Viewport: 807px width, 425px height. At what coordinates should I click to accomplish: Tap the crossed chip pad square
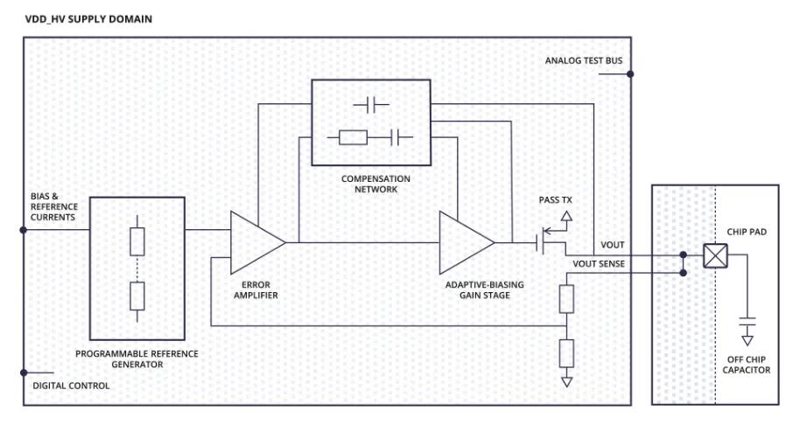click(715, 256)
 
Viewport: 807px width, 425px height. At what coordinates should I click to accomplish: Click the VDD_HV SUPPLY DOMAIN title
click(78, 18)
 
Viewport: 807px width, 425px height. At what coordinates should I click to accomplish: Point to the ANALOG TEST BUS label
click(584, 61)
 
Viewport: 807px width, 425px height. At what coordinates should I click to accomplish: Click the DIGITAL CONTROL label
click(71, 386)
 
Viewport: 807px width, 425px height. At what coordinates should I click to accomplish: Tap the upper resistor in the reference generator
click(137, 241)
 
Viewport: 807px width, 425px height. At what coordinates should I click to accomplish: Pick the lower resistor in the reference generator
click(137, 296)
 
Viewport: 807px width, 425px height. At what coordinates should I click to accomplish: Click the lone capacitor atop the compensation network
click(371, 105)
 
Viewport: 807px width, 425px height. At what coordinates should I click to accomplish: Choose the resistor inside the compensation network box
click(353, 137)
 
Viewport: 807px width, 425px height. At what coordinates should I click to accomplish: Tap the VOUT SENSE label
click(600, 263)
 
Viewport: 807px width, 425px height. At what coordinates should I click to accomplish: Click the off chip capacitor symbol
click(747, 318)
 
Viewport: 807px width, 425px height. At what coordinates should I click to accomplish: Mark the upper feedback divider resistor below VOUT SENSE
click(566, 299)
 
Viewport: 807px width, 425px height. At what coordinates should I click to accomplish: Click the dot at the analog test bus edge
click(630, 75)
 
